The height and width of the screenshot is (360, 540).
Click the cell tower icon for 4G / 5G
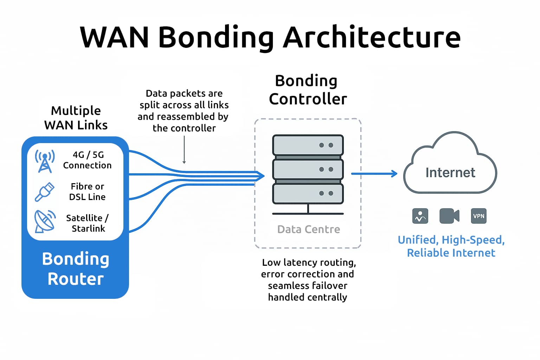point(45,161)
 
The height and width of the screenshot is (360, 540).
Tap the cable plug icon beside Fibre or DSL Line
point(45,192)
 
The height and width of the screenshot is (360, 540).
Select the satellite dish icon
point(45,221)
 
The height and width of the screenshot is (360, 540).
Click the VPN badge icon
point(478,216)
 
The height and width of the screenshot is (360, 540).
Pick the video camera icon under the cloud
point(449,216)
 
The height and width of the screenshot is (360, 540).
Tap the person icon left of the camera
point(420,216)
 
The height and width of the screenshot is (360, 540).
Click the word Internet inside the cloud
point(450,173)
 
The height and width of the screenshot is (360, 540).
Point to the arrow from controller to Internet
point(374,173)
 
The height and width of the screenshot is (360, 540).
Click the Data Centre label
point(308,229)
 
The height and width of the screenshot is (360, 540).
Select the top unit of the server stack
point(308,145)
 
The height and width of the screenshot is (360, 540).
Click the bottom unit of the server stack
point(308,193)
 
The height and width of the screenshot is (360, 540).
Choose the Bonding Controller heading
point(308,90)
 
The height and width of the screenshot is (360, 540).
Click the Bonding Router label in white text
point(76,269)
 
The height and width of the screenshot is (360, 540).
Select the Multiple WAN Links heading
point(76,118)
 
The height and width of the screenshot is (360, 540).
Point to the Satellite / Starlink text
point(88,223)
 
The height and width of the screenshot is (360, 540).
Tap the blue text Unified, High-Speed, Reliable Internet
point(451,246)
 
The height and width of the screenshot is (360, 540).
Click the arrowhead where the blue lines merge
point(260,175)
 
